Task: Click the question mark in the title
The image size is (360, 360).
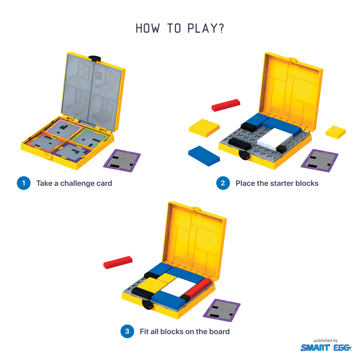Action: click(221, 28)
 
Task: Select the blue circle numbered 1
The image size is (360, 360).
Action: click(24, 183)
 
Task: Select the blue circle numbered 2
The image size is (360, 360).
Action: click(223, 183)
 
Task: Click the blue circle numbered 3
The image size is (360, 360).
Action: click(127, 331)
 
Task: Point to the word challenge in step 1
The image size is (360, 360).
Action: click(77, 184)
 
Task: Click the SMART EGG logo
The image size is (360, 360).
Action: click(326, 348)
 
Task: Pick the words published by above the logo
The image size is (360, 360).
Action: click(325, 341)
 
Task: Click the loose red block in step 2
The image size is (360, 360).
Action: click(226, 105)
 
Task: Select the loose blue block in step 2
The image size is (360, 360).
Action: click(204, 156)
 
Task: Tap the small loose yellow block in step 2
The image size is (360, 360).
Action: click(336, 132)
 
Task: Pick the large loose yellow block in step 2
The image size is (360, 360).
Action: click(204, 128)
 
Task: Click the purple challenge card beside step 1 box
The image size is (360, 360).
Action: click(122, 161)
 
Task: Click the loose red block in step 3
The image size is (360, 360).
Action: click(118, 262)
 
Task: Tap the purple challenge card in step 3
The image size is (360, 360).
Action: click(221, 310)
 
